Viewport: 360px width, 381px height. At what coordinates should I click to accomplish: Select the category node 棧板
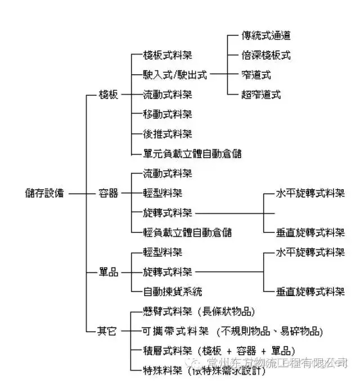click(108, 95)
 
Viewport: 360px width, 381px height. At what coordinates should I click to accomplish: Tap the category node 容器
click(108, 193)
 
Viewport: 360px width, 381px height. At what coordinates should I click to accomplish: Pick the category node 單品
click(108, 272)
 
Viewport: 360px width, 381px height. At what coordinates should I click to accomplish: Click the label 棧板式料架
click(167, 55)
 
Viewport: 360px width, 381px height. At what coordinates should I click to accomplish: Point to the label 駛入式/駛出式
click(174, 74)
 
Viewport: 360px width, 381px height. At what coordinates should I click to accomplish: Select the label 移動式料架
click(167, 114)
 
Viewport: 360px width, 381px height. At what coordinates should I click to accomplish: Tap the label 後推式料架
click(167, 134)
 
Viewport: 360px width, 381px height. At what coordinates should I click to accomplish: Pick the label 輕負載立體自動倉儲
click(187, 232)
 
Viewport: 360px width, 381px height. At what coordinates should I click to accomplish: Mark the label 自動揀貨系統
click(172, 292)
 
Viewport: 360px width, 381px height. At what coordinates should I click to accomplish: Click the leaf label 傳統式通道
click(266, 35)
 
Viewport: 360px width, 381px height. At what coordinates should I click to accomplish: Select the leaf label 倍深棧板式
click(266, 55)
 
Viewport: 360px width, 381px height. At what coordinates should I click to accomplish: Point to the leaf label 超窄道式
click(261, 95)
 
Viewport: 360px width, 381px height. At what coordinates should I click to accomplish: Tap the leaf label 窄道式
click(256, 74)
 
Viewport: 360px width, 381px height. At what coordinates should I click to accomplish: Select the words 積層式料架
click(167, 351)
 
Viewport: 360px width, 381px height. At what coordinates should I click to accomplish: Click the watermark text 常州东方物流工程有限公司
click(276, 362)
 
